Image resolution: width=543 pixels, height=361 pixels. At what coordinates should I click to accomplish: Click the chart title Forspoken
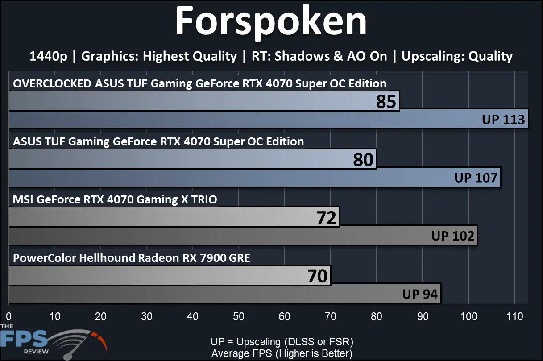(x=271, y=22)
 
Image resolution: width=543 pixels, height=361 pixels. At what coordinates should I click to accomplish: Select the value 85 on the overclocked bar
(x=386, y=101)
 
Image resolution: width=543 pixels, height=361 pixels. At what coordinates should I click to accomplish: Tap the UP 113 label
(x=503, y=119)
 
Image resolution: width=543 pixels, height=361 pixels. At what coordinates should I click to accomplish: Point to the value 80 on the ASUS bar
(x=363, y=159)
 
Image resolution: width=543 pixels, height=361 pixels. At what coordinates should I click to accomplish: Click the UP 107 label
(x=476, y=178)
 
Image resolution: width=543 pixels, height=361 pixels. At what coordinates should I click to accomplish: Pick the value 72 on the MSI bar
(x=326, y=217)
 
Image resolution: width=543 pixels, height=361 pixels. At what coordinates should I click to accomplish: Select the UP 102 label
(x=452, y=236)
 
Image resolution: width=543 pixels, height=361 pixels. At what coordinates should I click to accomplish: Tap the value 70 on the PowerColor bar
(x=317, y=276)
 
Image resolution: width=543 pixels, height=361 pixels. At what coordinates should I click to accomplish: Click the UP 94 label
(x=420, y=294)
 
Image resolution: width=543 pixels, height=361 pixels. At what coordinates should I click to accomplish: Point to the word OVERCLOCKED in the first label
(x=52, y=83)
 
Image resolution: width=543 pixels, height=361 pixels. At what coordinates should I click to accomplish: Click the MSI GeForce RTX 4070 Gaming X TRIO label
(x=115, y=199)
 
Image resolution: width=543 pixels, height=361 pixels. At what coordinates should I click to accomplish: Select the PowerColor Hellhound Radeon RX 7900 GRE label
(x=131, y=258)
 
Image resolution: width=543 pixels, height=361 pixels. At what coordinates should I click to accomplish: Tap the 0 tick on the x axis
(x=9, y=316)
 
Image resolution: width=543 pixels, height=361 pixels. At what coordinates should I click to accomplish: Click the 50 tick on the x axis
(x=239, y=316)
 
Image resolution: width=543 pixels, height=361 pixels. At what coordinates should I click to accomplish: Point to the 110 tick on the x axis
(x=514, y=316)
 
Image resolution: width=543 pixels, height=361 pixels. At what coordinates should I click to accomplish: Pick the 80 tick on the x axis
(x=377, y=316)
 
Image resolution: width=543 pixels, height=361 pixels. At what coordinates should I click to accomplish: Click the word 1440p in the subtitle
(x=48, y=57)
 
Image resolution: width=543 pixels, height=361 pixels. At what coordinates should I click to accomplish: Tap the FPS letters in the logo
(x=24, y=338)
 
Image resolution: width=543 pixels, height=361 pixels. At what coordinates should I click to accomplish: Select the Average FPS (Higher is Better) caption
(x=282, y=353)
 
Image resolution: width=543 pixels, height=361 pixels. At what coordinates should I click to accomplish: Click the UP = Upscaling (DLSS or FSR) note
(x=282, y=342)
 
